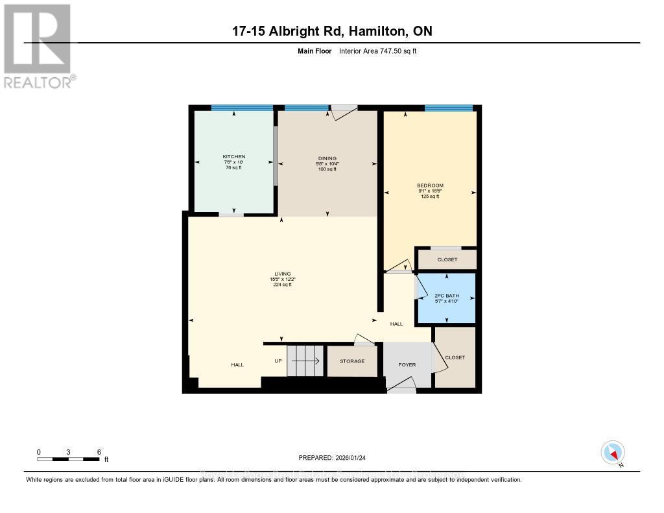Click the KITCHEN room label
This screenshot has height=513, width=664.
[x=233, y=157]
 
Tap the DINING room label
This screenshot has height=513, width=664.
[x=327, y=158]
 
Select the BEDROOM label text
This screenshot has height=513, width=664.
[x=430, y=185]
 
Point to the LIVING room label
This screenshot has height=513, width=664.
[x=281, y=274]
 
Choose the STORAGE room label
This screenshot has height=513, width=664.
[x=352, y=361]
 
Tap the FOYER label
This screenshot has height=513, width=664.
[x=407, y=364]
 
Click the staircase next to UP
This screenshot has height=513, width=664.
[x=305, y=361]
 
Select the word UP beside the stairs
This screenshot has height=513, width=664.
[x=278, y=361]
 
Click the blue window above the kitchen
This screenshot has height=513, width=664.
[x=241, y=108]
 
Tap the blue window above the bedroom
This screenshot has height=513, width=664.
[x=448, y=108]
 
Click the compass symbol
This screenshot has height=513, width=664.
[x=613, y=451]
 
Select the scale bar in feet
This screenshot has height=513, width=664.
[x=68, y=459]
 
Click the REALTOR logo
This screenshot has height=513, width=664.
[x=39, y=46]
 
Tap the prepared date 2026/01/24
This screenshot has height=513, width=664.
[x=332, y=457]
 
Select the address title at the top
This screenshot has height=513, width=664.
[x=332, y=31]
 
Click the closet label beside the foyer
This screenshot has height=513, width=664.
[x=455, y=357]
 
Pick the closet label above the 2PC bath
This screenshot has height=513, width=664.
[x=447, y=259]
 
